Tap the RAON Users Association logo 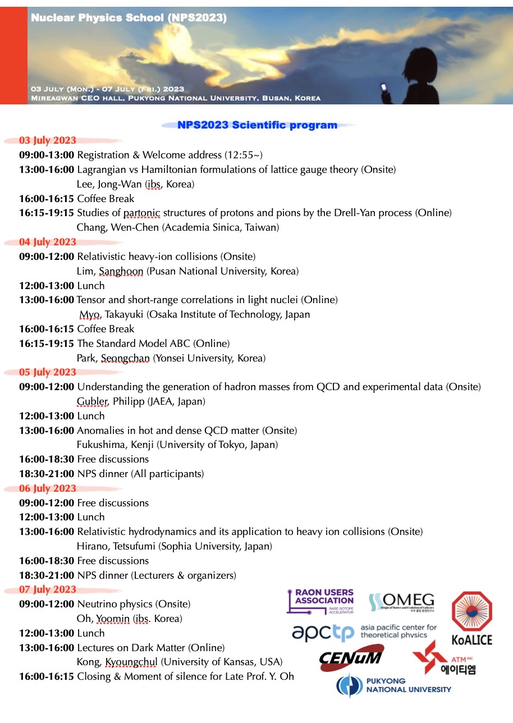click(320, 601)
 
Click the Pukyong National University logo click(393, 685)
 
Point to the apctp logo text click(323, 632)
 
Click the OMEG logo click(401, 602)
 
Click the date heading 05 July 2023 click(48, 372)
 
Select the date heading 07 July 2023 click(48, 589)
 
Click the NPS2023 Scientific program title click(258, 125)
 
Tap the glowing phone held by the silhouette click(384, 88)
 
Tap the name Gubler click(90, 401)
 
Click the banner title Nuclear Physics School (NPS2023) click(129, 18)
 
